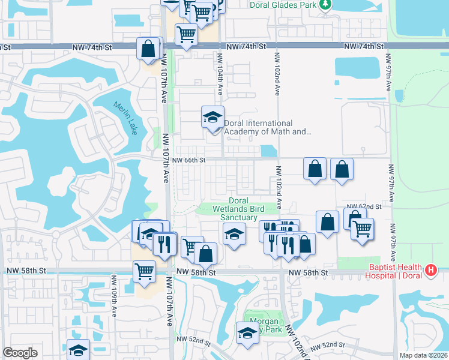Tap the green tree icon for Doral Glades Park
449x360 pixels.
(325, 5)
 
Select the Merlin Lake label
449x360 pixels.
(125, 118)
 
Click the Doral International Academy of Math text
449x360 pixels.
(268, 127)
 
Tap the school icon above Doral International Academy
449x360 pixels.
(212, 117)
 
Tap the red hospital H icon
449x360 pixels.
(430, 271)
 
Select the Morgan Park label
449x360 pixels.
(263, 325)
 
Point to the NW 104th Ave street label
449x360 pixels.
(220, 74)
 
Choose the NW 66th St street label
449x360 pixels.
(189, 160)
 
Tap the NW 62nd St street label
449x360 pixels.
(367, 206)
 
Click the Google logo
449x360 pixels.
(20, 353)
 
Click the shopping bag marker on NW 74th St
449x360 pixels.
(148, 49)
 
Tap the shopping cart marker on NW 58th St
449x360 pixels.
(144, 271)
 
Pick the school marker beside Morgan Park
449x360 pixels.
(247, 333)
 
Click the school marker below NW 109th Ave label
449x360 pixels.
(78, 350)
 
